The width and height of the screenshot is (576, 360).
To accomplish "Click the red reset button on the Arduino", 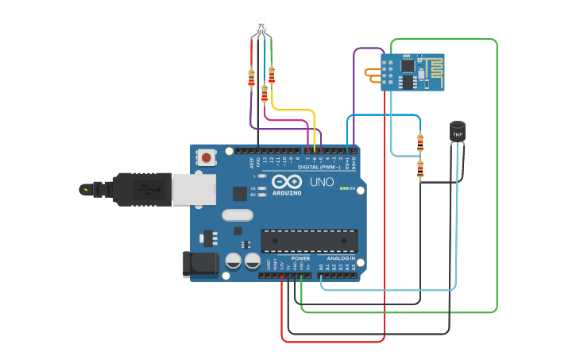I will coord(207,157).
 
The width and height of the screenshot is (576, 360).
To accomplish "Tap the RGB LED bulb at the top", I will coord(262,25).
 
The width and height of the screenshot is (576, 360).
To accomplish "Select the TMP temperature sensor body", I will coord(457,132).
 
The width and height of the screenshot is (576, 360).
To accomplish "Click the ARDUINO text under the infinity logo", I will coord(286,193).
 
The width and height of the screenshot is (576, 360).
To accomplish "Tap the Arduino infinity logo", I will coord(286,181).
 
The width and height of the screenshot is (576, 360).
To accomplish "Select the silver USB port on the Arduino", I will coord(193,190).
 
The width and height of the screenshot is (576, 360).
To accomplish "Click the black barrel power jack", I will coord(200,265).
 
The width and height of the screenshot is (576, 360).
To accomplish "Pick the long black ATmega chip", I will coord(309,240).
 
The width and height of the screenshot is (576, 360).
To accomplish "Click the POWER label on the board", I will coord(300,258).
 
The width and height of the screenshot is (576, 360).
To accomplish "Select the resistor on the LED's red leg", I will coord(252,78).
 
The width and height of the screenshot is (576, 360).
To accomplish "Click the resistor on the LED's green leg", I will coord(272,75).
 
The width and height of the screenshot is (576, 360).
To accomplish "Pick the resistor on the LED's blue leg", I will coord(265,94).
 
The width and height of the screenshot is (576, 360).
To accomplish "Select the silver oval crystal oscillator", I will coord(237,215).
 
